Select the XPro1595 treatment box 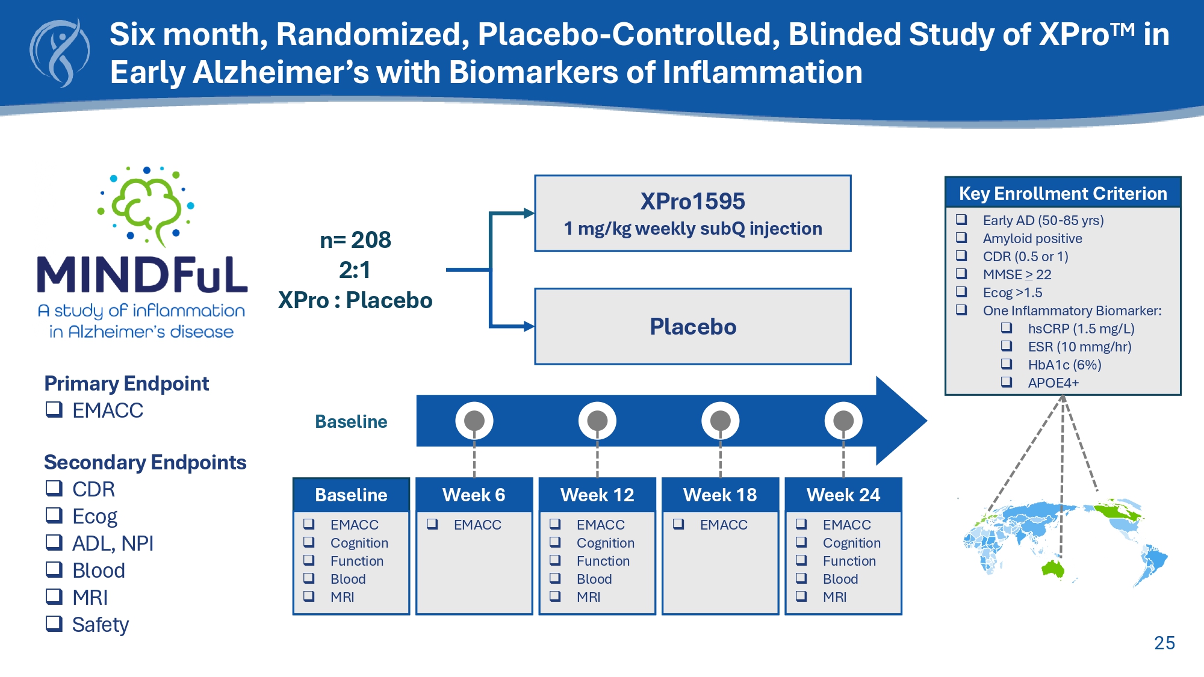click(692, 214)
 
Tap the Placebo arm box click(692, 327)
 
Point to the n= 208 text click(355, 240)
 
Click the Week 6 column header click(474, 495)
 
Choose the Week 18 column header click(720, 495)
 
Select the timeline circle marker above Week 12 click(597, 421)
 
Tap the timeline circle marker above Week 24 click(843, 421)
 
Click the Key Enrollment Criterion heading click(1063, 194)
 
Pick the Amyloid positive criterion click(1032, 239)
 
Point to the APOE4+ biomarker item click(1053, 383)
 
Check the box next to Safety click(54, 623)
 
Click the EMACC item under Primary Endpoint click(107, 410)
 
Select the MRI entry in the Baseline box click(342, 597)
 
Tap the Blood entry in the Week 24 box click(840, 579)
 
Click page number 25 click(1164, 643)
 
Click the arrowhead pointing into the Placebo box click(529, 327)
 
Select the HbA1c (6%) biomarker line click(1064, 365)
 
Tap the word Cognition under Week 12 click(605, 543)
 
